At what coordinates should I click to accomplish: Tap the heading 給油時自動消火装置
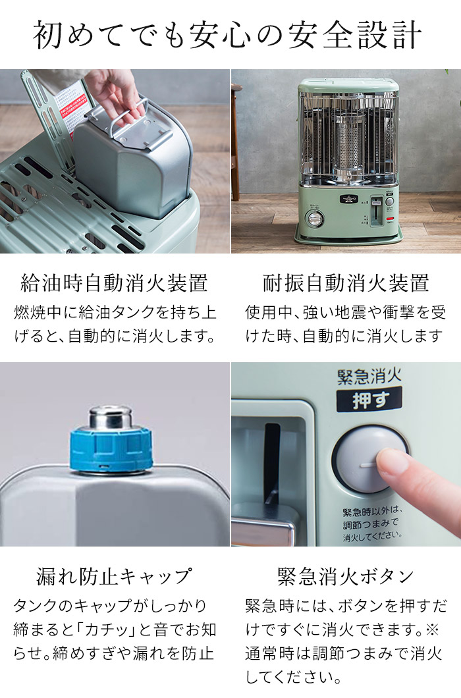pyautogui.click(x=114, y=284)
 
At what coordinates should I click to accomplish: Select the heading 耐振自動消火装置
pyautogui.click(x=345, y=284)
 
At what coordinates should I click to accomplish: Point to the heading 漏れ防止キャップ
pyautogui.click(x=114, y=577)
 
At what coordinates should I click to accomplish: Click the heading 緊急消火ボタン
pyautogui.click(x=345, y=577)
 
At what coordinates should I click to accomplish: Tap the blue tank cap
pyautogui.click(x=111, y=447)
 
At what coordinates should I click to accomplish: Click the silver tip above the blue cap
pyautogui.click(x=110, y=416)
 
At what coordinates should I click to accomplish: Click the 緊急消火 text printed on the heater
pyautogui.click(x=369, y=377)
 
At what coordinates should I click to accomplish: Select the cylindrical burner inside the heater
pyautogui.click(x=347, y=142)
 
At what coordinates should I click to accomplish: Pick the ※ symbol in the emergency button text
pyautogui.click(x=432, y=630)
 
